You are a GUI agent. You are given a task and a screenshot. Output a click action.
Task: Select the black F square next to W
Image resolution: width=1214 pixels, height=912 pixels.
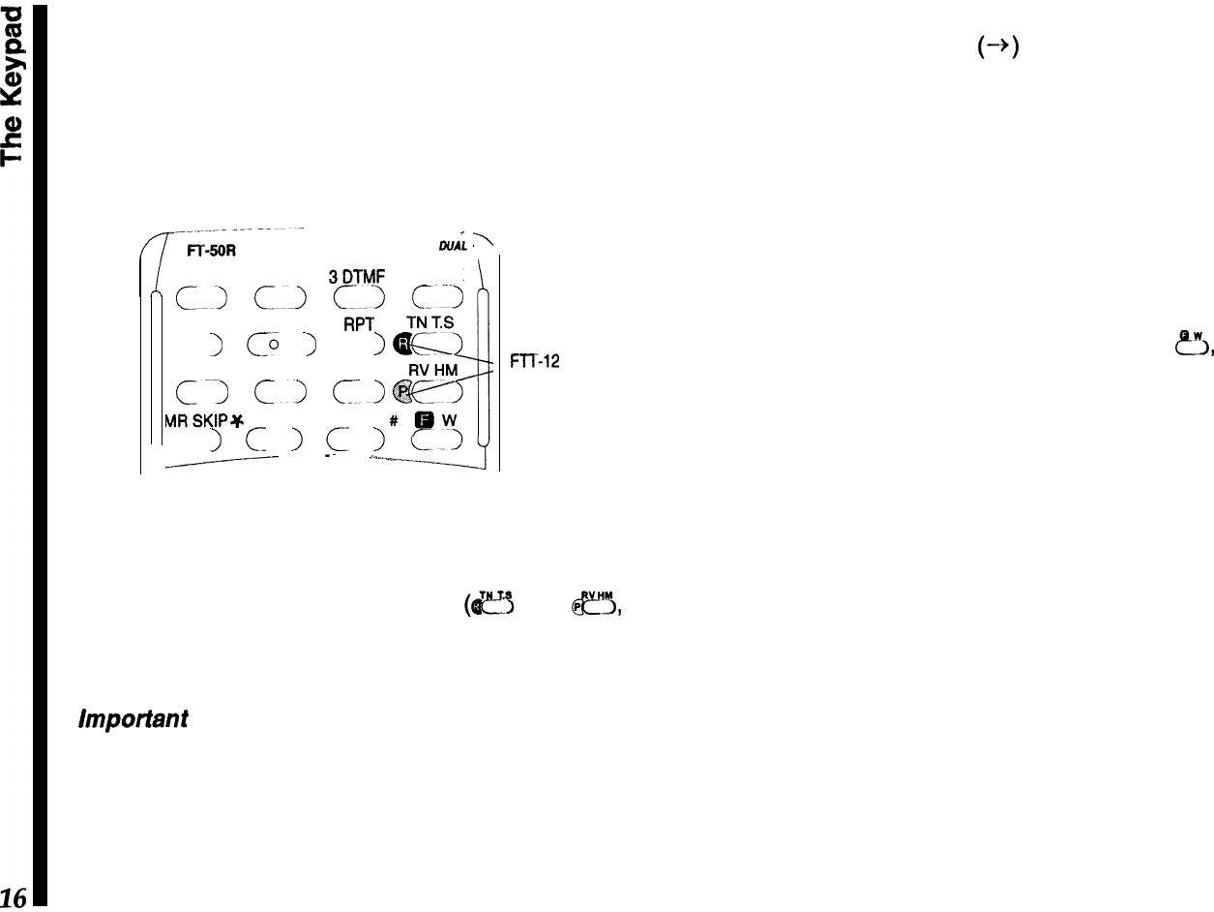[x=423, y=422]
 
